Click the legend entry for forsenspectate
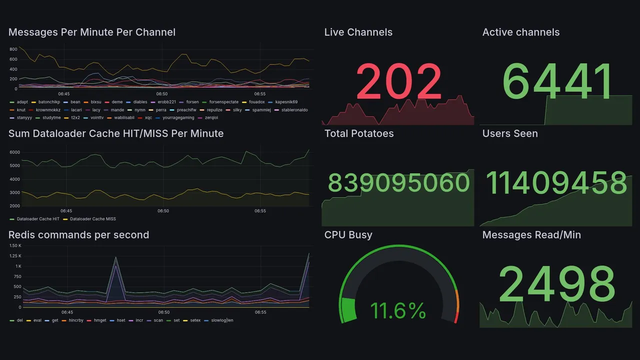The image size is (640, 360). coord(223,102)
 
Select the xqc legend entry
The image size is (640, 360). coord(148,118)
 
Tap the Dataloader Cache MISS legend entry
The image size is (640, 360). coord(92,219)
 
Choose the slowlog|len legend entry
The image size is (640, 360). coord(222,320)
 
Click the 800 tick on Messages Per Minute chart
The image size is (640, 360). coord(13,49)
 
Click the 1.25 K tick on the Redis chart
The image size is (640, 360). coord(14,256)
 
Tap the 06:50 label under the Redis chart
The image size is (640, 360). coord(163,312)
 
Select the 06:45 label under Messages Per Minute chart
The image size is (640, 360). coord(63,93)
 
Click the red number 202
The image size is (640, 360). coord(398,81)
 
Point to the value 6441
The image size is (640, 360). coord(557,81)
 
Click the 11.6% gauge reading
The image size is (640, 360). coord(398,310)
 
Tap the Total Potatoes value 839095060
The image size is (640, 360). coord(398,183)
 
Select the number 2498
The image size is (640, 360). coord(557,283)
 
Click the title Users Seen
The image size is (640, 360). coord(510,133)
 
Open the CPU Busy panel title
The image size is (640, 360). coord(348,235)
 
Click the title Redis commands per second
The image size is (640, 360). coord(78,235)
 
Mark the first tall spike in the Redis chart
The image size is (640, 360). coord(116,258)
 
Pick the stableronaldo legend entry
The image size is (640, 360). coord(294,110)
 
